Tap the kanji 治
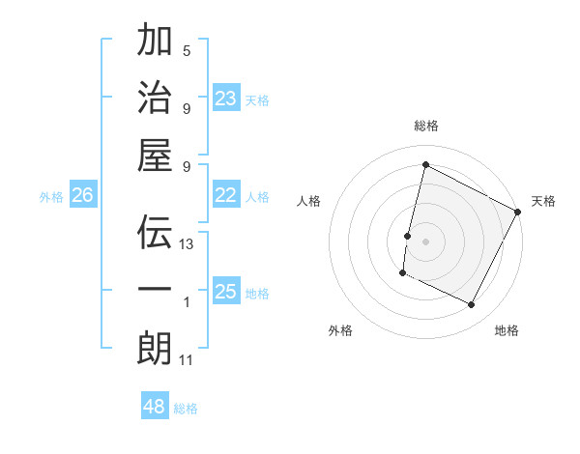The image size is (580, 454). coord(155,97)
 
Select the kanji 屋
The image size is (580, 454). coord(155,155)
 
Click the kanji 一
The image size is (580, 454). coord(155,289)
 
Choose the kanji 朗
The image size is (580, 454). coord(155,348)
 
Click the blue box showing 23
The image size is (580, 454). coord(226,98)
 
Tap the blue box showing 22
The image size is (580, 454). coord(226,196)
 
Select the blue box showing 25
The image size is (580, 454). coord(226,292)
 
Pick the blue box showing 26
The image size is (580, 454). coord(83,196)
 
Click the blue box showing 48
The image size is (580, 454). coord(155,407)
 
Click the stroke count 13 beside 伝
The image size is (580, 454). coord(187,244)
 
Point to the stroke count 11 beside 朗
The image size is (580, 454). coord(187,360)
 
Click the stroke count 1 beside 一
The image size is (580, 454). coord(187,302)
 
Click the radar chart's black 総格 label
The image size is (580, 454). coord(425,126)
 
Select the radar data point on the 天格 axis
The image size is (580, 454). coord(518,212)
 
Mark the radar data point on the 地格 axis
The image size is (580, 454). coord(472,305)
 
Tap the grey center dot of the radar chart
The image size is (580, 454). coord(425,241)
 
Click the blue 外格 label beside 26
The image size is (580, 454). coord(51,197)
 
